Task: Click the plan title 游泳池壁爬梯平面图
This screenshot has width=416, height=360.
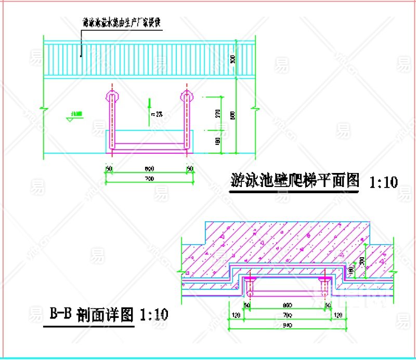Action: pyautogui.click(x=295, y=180)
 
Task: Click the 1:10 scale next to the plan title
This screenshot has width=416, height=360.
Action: pyautogui.click(x=384, y=182)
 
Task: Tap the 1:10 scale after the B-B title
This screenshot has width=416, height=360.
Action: pyautogui.click(x=154, y=314)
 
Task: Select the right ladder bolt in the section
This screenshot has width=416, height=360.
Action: pyautogui.click(x=325, y=284)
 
